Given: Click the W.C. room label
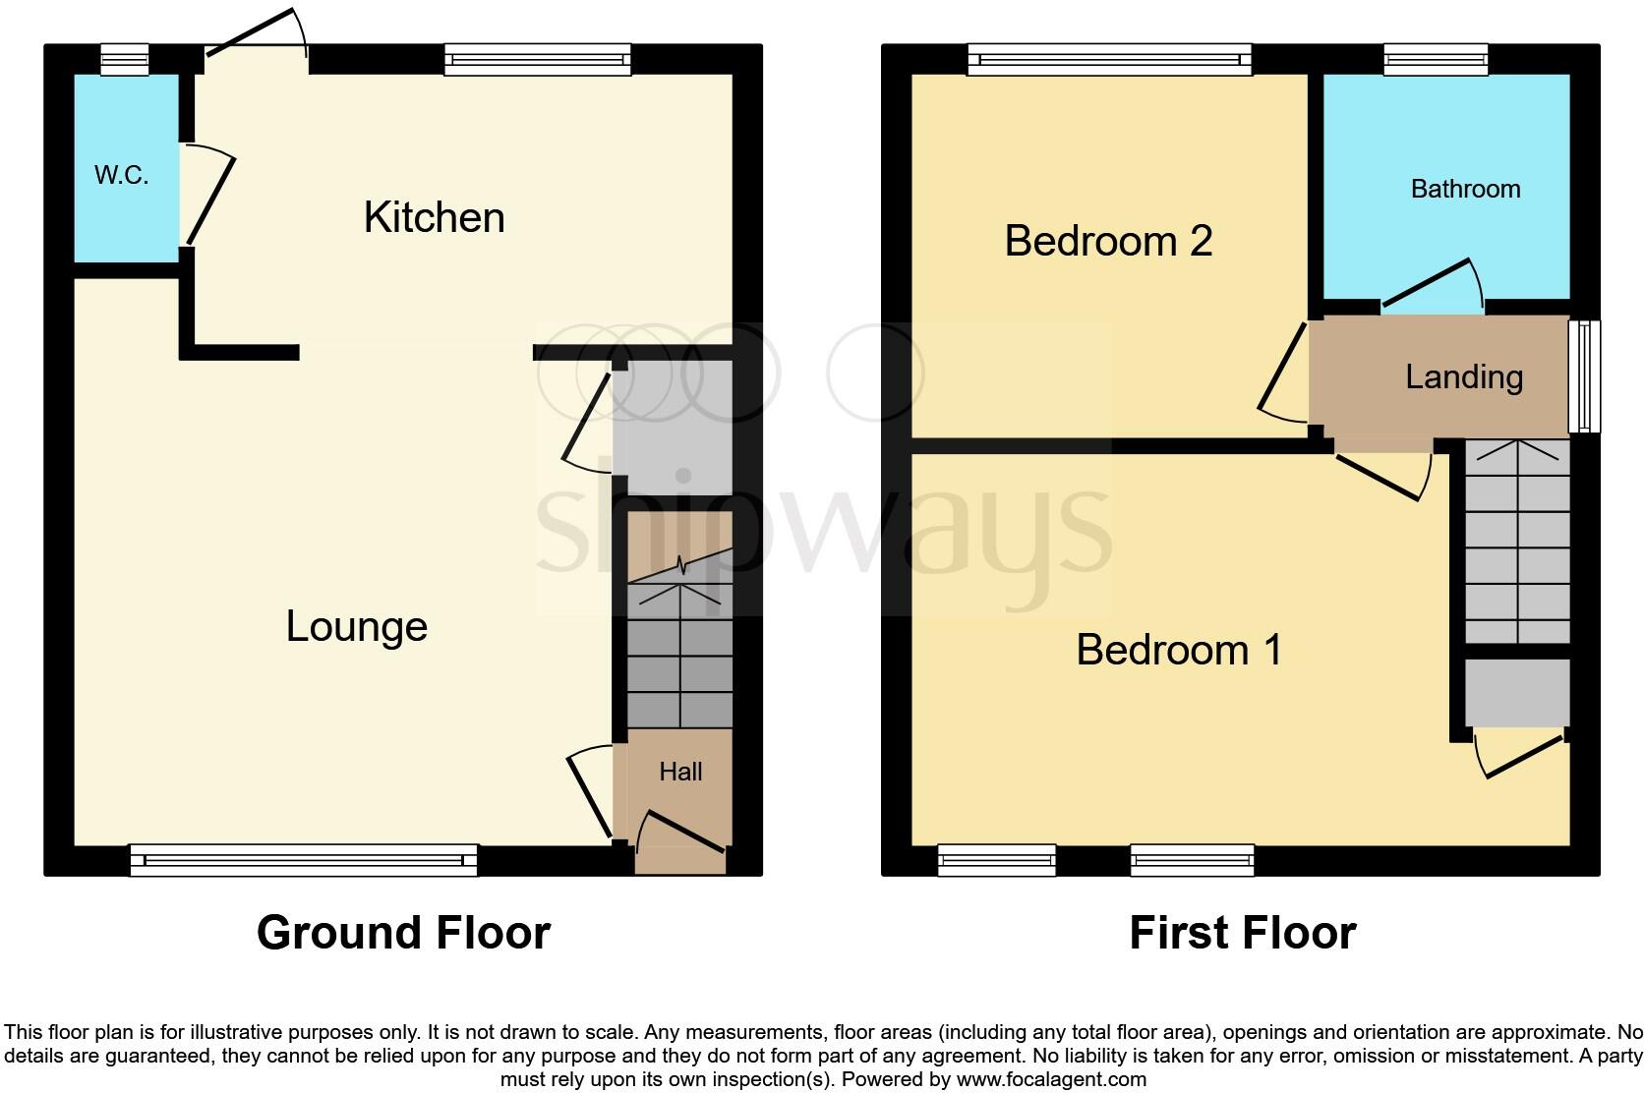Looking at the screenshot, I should (x=121, y=176).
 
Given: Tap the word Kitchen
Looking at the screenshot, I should (x=434, y=217).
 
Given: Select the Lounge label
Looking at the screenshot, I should (x=356, y=626).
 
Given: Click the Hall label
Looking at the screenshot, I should (x=680, y=772).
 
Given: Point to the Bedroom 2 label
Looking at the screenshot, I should (x=1108, y=241).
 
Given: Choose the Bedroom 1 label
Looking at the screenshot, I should (x=1179, y=650).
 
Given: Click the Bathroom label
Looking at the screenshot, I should (x=1465, y=189).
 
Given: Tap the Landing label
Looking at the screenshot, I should (x=1464, y=376).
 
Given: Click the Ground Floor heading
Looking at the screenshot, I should (x=403, y=932).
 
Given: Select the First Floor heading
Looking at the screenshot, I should (x=1242, y=932).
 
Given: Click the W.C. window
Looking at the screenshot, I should (x=125, y=60).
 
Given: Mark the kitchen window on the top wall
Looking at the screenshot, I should (x=537, y=60).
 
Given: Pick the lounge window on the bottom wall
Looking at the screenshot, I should (x=303, y=860).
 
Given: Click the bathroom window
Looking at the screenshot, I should (x=1436, y=60).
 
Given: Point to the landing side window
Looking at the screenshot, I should (x=1583, y=376).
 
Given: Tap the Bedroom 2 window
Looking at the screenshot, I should (x=1109, y=60).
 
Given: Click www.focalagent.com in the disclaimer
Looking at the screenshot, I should (x=1049, y=1079).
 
